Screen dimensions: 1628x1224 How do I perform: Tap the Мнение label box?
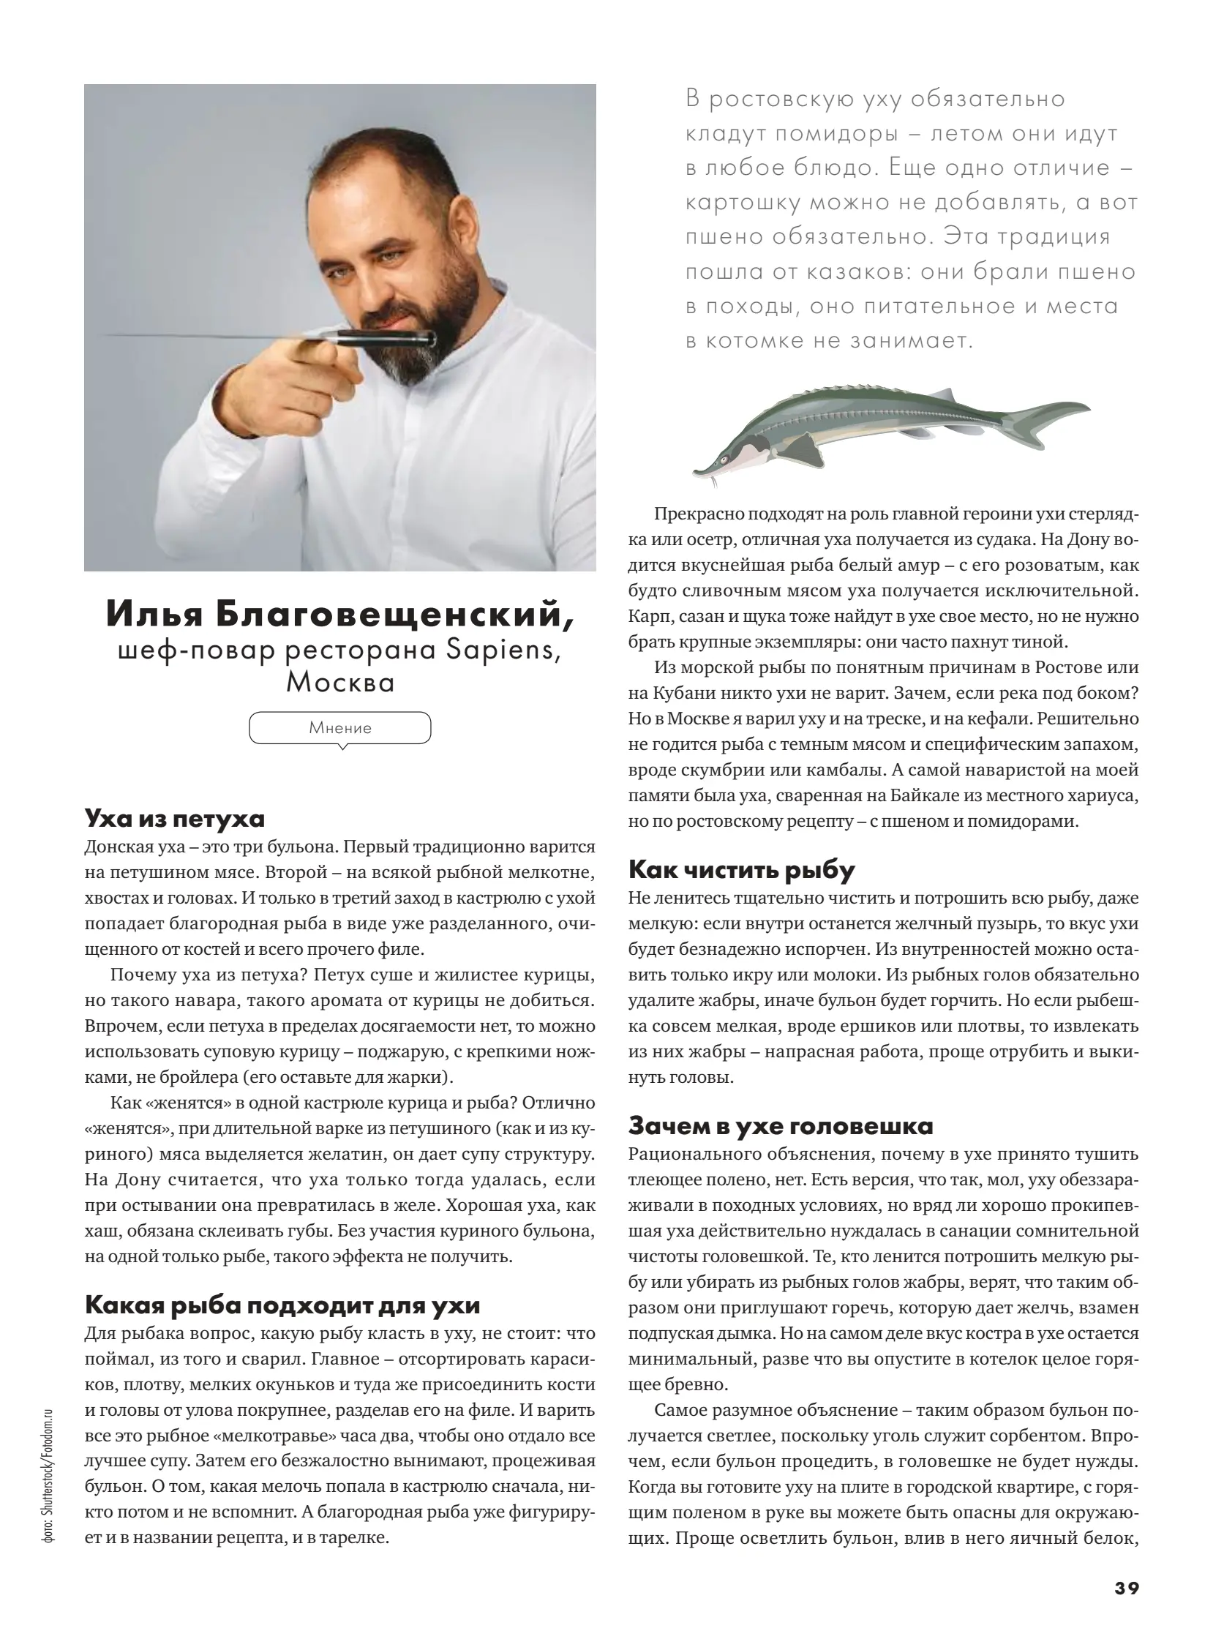point(340,728)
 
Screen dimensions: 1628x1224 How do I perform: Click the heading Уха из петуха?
point(174,819)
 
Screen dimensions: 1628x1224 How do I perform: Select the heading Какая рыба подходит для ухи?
point(282,1305)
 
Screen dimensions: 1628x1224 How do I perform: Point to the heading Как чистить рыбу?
point(741,870)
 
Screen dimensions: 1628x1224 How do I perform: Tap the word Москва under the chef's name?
point(340,682)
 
